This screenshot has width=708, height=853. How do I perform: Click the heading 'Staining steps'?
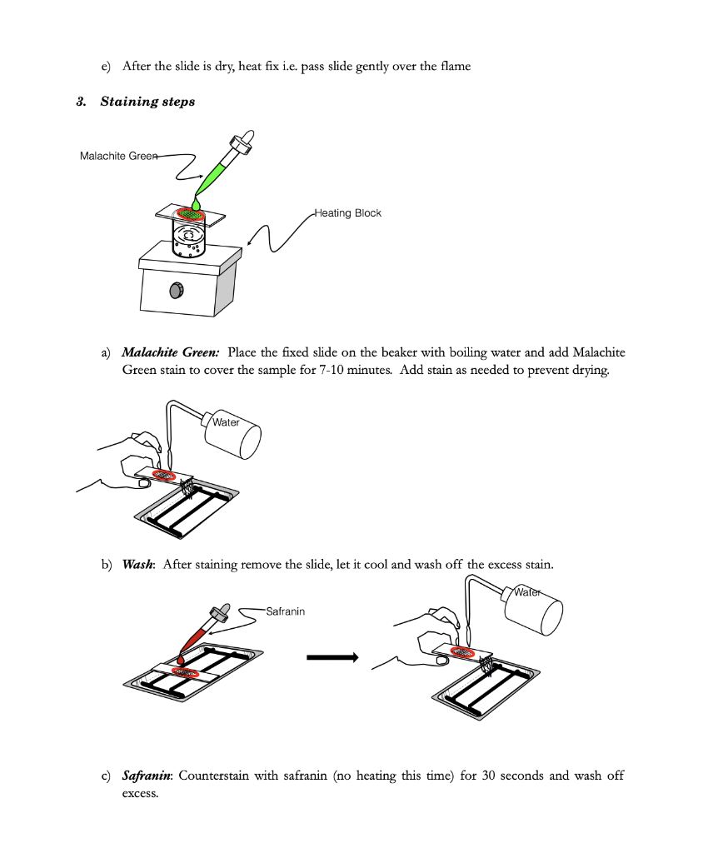(147, 102)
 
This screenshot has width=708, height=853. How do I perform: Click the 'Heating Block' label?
(347, 213)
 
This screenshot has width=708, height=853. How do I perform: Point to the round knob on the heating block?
(177, 290)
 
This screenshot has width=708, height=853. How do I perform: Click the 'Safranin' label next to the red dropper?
(285, 611)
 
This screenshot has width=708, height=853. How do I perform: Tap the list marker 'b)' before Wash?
(107, 564)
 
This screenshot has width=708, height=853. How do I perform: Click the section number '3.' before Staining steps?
(81, 102)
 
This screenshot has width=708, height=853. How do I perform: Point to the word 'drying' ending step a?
(589, 370)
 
